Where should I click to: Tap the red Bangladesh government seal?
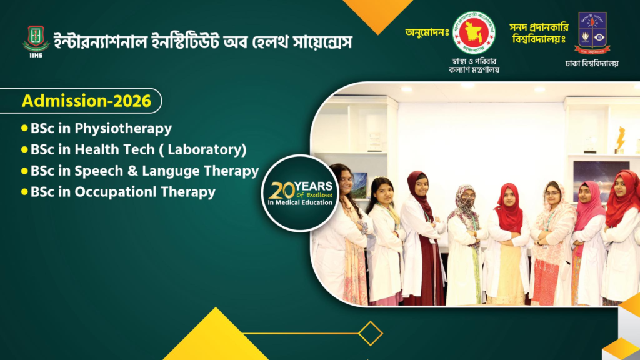[474, 32]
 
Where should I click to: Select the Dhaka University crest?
[592, 32]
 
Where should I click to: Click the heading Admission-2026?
[86, 101]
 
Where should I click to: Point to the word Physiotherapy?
[123, 129]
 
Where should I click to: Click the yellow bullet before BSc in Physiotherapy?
[24, 128]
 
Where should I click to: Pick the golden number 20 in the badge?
[282, 190]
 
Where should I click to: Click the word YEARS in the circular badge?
[314, 186]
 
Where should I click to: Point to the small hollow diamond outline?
[370, 334]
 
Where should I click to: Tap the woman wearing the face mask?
[464, 245]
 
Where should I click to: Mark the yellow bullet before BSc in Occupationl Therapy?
[24, 192]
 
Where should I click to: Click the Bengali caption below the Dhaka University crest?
[592, 64]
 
